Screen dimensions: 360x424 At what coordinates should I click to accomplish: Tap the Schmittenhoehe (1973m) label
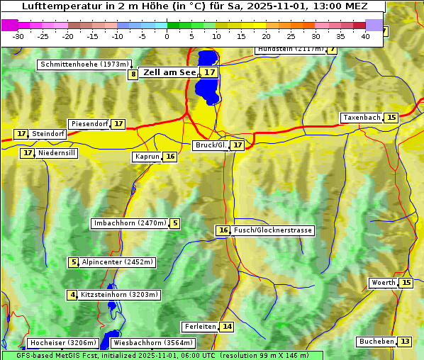click(x=85, y=64)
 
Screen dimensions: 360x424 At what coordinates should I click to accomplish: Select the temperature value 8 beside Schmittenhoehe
click(x=133, y=74)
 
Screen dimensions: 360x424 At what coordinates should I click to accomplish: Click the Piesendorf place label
click(x=89, y=124)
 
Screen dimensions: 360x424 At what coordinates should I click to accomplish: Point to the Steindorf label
click(x=49, y=134)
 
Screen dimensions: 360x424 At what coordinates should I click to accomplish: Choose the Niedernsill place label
click(x=57, y=153)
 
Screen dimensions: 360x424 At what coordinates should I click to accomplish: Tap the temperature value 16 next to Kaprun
click(x=170, y=157)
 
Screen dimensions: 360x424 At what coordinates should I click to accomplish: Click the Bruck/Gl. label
click(x=211, y=145)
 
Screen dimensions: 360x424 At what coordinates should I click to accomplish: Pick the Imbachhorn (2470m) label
click(x=130, y=223)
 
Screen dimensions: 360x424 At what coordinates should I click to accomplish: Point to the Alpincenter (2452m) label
click(x=118, y=262)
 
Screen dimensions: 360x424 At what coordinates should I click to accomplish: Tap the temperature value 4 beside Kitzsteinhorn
click(x=72, y=295)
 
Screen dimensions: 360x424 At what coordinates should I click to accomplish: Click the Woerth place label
click(x=384, y=283)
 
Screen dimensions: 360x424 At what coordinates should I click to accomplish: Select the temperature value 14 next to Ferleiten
click(x=227, y=327)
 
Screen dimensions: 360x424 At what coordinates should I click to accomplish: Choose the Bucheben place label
click(x=376, y=342)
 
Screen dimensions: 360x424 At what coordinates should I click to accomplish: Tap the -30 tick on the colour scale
click(x=18, y=35)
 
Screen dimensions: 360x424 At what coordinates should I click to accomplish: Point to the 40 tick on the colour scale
click(x=365, y=35)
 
